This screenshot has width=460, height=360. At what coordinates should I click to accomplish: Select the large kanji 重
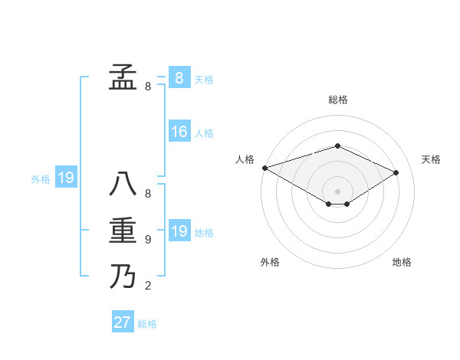[x=123, y=231]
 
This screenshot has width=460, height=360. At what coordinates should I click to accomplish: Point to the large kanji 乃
[x=123, y=276]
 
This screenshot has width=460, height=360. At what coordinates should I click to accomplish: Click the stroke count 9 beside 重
[x=148, y=240]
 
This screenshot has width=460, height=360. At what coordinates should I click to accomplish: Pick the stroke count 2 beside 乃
[x=148, y=286]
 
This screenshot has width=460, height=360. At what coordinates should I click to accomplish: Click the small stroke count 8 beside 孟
[x=148, y=87]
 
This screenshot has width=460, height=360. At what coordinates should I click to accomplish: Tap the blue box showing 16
[x=179, y=132]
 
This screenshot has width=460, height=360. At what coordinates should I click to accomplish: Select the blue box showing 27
[x=123, y=322]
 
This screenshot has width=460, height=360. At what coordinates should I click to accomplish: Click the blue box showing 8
[x=179, y=77]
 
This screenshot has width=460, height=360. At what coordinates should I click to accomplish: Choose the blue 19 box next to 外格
[x=66, y=178]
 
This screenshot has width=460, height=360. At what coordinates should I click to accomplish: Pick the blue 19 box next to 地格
[x=179, y=231]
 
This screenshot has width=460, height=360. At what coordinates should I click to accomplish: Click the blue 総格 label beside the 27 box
[x=147, y=324]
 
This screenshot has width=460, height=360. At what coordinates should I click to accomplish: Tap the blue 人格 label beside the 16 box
[x=204, y=133]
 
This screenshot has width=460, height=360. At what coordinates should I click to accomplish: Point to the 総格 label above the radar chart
[x=337, y=100]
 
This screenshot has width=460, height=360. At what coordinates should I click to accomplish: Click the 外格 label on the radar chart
[x=270, y=262]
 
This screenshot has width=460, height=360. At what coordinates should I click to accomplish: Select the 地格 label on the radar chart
[x=402, y=262]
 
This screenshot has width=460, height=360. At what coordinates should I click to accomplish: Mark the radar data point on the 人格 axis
[x=264, y=168]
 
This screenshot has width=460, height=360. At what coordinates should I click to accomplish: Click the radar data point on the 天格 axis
[x=396, y=172]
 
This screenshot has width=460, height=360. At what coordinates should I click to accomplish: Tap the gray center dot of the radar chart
[x=337, y=190]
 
